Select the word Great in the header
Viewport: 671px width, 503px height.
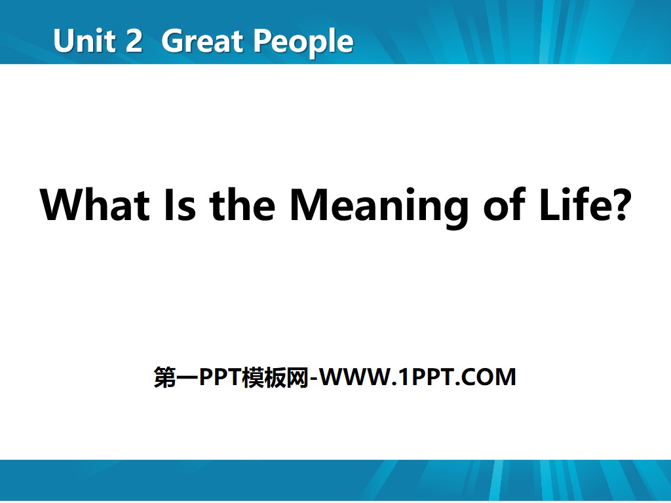pos(201,41)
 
